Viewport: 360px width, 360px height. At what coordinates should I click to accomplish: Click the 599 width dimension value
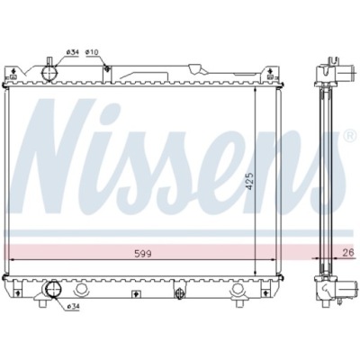143,254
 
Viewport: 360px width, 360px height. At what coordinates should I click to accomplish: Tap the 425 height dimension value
250,181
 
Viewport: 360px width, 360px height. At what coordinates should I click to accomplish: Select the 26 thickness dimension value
348,253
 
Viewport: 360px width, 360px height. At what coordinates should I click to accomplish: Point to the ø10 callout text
92,52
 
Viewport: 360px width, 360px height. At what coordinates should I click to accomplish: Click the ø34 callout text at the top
72,52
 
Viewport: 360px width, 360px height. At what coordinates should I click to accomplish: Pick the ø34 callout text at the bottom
74,306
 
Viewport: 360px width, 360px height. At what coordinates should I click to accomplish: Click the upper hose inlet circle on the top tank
49,73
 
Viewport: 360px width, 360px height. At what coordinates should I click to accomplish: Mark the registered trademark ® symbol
350,136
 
